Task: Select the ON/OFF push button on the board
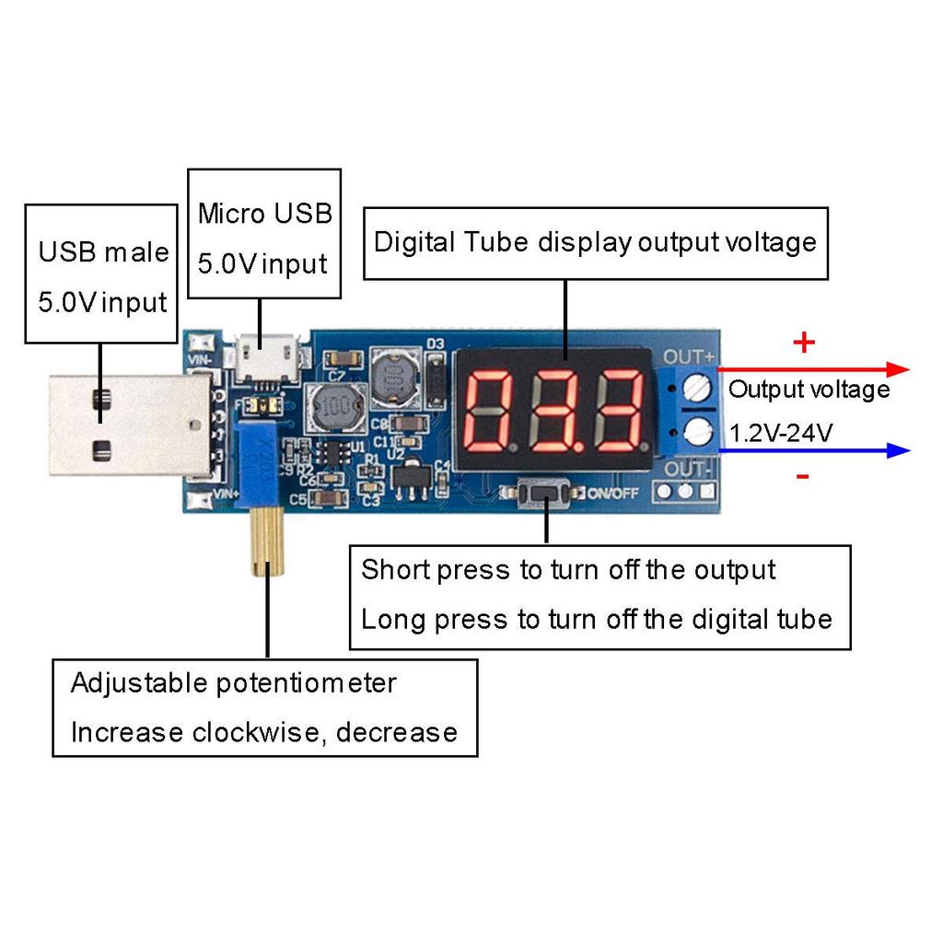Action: pyautogui.click(x=545, y=495)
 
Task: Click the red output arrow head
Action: pyautogui.click(x=898, y=369)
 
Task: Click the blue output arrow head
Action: pyautogui.click(x=898, y=450)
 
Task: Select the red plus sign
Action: pyautogui.click(x=804, y=343)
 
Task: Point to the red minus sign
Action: pyautogui.click(x=803, y=476)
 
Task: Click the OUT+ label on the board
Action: pyautogui.click(x=690, y=356)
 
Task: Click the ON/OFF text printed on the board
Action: pyautogui.click(x=613, y=494)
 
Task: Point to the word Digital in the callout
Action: pyautogui.click(x=414, y=242)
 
